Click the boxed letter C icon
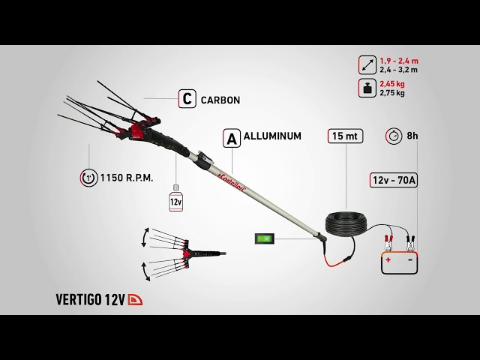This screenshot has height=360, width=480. tap(187, 98)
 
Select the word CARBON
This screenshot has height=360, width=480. tap(220, 100)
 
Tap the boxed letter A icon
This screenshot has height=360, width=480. tap(232, 138)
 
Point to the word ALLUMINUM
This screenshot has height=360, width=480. tap(272, 136)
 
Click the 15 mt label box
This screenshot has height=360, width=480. tap(345, 136)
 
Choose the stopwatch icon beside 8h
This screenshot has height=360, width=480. tap(394, 136)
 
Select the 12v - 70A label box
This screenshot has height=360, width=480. tap(394, 180)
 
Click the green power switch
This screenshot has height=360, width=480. tap(265, 238)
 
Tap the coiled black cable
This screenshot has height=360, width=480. tap(346, 223)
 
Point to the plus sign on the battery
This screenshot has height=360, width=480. tap(388, 260)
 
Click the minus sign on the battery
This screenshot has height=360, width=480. tap(410, 259)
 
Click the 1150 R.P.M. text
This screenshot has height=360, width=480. tap(127, 178)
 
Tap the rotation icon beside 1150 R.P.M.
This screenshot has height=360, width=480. tap(88, 178)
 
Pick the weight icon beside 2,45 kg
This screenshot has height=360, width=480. tap(367, 88)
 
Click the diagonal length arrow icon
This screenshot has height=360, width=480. tap(367, 65)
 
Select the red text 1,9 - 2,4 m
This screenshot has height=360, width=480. tap(399, 61)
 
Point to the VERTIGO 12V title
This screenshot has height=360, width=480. tap(91, 300)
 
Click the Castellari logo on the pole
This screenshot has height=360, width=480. tap(232, 183)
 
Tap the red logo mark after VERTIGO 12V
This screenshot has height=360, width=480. tap(135, 300)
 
